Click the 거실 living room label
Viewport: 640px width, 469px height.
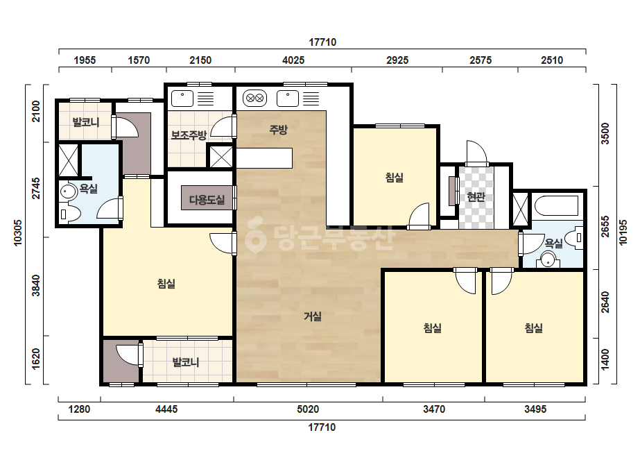pyautogui.click(x=313, y=316)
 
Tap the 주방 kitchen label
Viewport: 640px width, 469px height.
pyautogui.click(x=278, y=130)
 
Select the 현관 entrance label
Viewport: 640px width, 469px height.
pyautogui.click(x=476, y=197)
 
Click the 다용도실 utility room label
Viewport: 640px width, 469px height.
pyautogui.click(x=207, y=200)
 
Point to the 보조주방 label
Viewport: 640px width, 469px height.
pyautogui.click(x=189, y=135)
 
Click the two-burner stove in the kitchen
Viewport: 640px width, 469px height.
pyautogui.click(x=254, y=99)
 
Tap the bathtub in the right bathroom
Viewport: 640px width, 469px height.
pyautogui.click(x=556, y=205)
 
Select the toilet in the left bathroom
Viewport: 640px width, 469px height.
pyautogui.click(x=70, y=213)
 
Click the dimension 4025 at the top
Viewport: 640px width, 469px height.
pyautogui.click(x=293, y=60)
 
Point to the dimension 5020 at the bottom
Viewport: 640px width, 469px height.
pyautogui.click(x=308, y=409)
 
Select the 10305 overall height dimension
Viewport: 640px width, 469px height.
pyautogui.click(x=18, y=233)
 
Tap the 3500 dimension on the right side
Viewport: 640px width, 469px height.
pyautogui.click(x=605, y=134)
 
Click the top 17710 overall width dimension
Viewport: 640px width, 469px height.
pyautogui.click(x=322, y=42)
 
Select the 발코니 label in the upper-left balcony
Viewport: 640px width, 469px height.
pyautogui.click(x=85, y=122)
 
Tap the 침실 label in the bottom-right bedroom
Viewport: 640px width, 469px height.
pyautogui.click(x=533, y=328)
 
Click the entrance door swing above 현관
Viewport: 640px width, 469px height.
pyautogui.click(x=477, y=152)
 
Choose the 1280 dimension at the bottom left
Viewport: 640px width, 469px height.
pyautogui.click(x=79, y=409)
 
